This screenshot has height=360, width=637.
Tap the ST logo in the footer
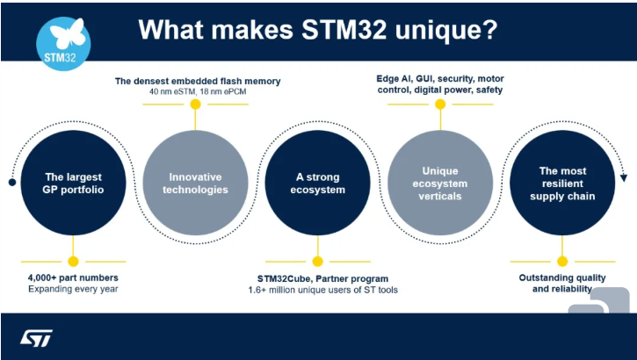37,337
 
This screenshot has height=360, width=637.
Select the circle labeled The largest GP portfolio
74,183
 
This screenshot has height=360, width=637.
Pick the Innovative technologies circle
195,183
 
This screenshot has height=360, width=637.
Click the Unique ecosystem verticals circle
440,183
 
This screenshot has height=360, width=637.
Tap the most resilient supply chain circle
562,183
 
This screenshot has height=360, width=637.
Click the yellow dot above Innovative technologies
195,104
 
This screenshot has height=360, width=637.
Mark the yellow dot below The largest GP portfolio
74,261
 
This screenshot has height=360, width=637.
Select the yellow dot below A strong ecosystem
318,261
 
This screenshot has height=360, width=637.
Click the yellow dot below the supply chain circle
562,261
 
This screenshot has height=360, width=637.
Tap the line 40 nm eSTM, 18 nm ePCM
198,92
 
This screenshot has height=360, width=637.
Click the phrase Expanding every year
71,288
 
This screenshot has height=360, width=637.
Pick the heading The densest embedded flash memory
198,81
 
